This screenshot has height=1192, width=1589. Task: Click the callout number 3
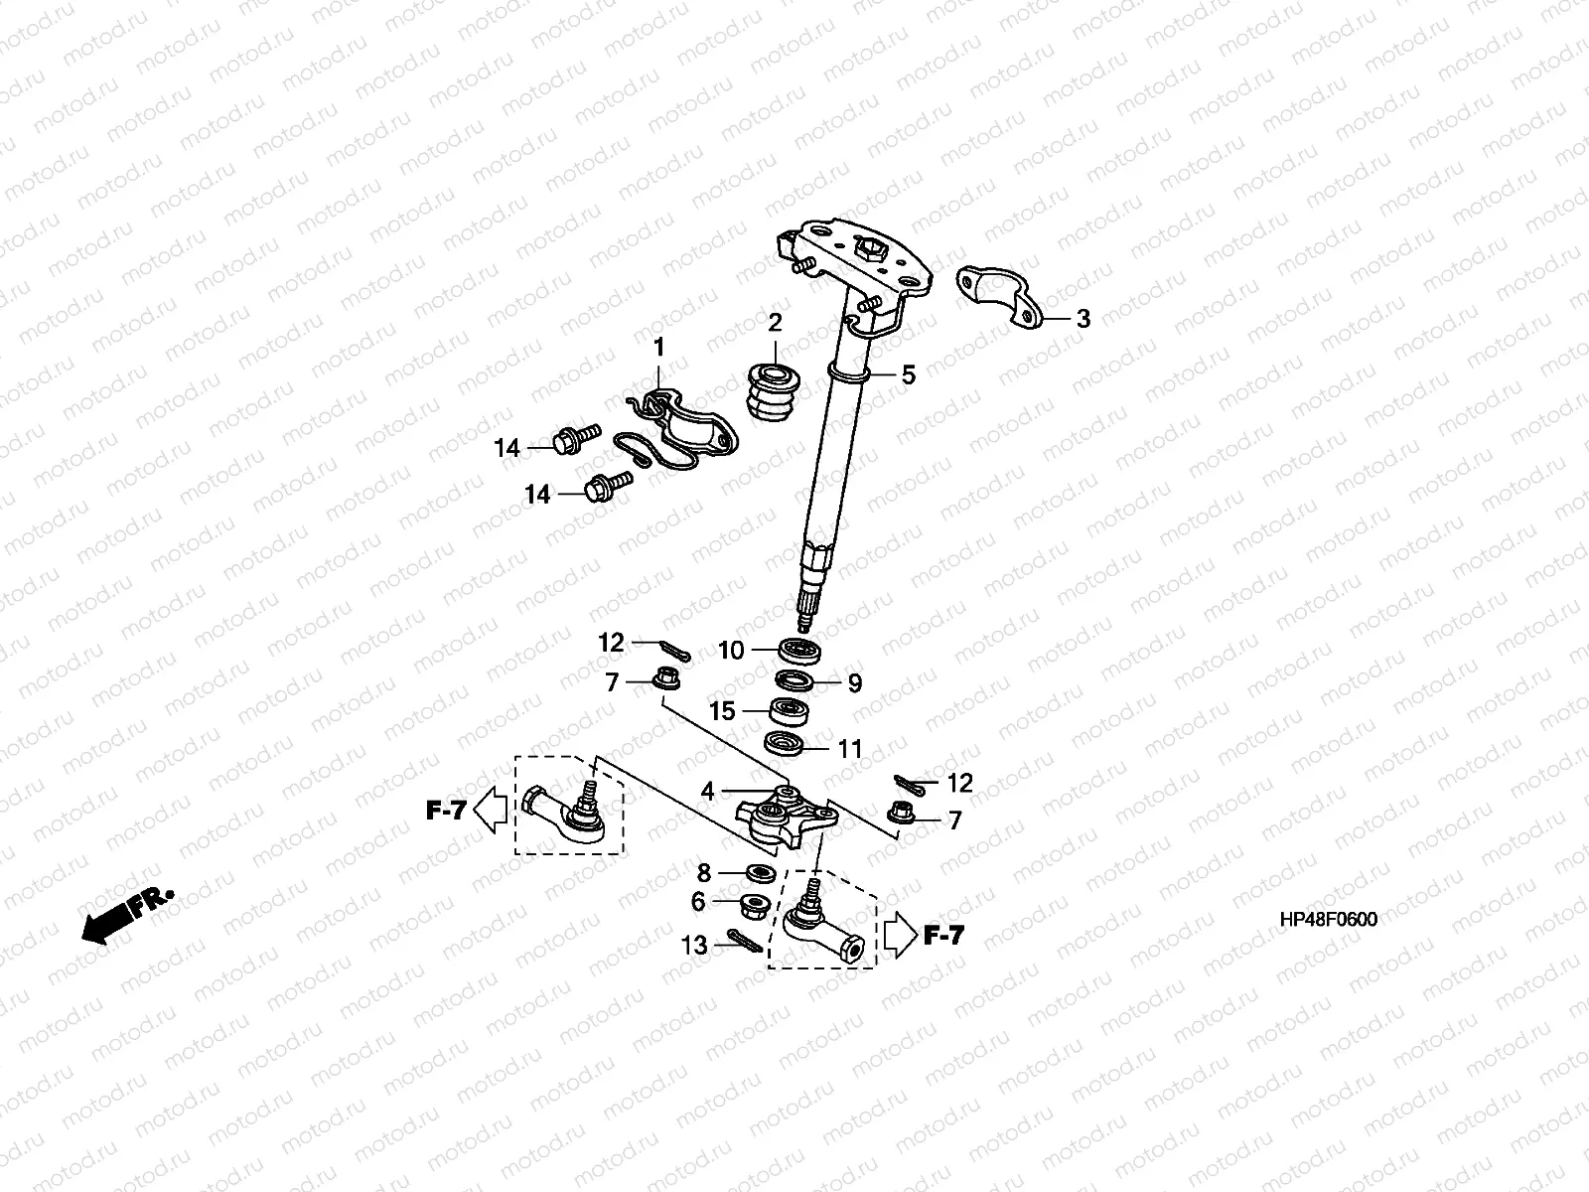pyautogui.click(x=1083, y=319)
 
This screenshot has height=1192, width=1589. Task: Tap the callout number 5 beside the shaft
pyautogui.click(x=908, y=375)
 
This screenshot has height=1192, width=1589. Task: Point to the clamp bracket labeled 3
pyautogui.click(x=997, y=295)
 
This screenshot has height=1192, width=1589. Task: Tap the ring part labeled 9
pyautogui.click(x=795, y=680)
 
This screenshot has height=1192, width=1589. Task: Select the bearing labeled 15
pyautogui.click(x=793, y=711)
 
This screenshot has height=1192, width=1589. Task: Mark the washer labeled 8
pyautogui.click(x=760, y=873)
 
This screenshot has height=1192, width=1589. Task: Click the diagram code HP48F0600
pyautogui.click(x=1328, y=919)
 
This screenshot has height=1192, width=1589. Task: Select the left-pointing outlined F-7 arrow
pyautogui.click(x=487, y=810)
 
